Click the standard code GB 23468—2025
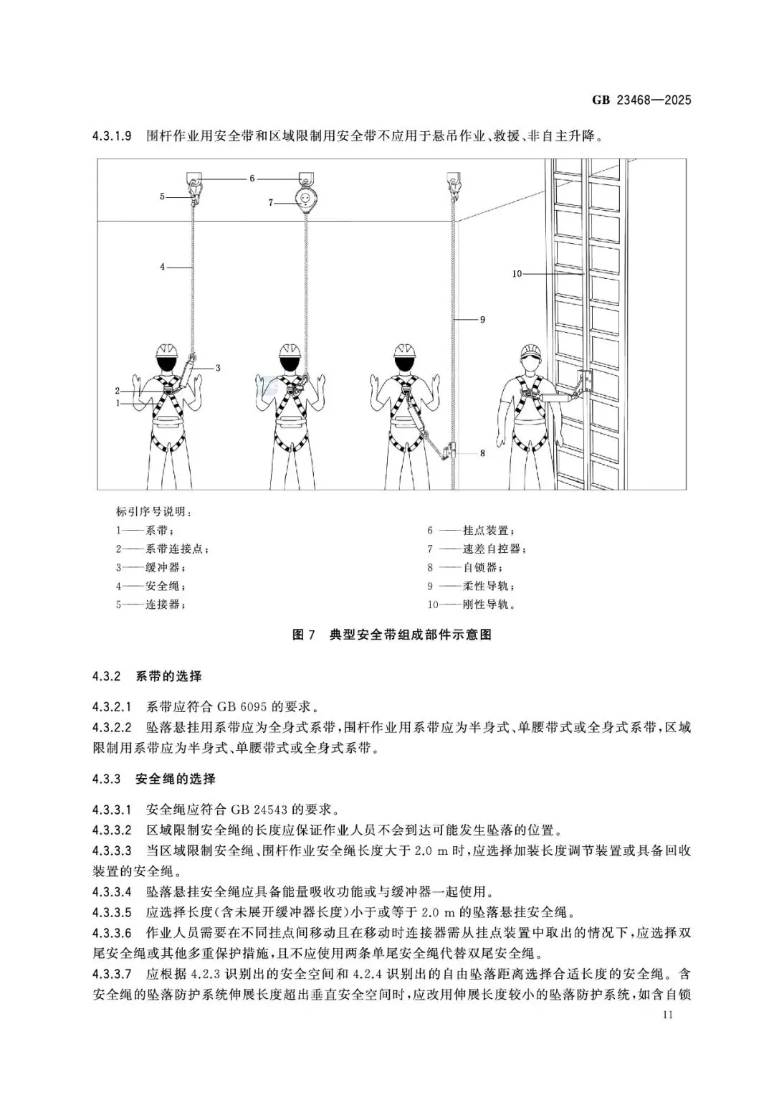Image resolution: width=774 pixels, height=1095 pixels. click(x=641, y=100)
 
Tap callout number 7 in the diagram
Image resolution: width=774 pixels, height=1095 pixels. click(x=271, y=203)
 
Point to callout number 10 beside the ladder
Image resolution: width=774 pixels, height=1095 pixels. click(x=517, y=273)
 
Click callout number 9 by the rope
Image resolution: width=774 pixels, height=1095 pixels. click(x=482, y=319)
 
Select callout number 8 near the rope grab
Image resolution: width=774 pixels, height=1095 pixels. click(x=482, y=453)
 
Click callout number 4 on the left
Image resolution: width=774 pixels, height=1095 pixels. click(x=163, y=267)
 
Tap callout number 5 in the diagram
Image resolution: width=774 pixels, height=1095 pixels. click(x=162, y=196)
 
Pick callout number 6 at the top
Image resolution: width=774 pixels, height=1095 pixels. click(x=252, y=178)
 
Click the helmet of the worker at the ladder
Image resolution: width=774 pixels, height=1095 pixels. click(x=531, y=349)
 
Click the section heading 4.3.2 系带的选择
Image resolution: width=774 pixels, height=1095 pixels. click(x=147, y=676)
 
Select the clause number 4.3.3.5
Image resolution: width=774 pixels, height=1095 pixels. click(x=112, y=913)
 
